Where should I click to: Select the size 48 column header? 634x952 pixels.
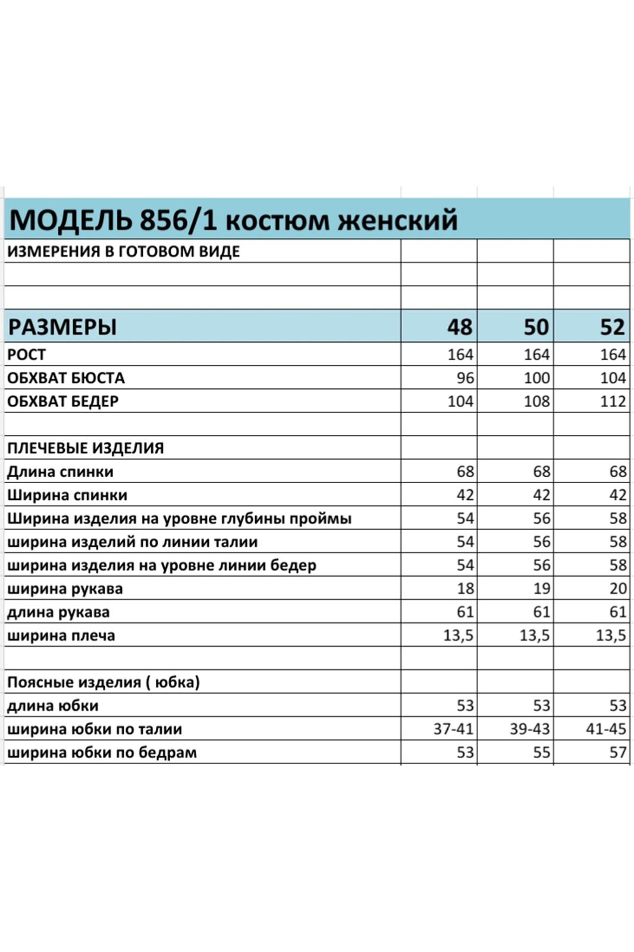[x=459, y=327]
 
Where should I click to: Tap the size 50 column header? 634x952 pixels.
[x=536, y=327]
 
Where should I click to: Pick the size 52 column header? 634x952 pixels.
[x=612, y=327]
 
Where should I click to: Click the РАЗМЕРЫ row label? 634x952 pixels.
[x=62, y=327]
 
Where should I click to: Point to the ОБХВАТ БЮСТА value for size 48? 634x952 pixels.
[x=465, y=378]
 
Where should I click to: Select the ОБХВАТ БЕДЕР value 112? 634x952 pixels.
[x=613, y=401]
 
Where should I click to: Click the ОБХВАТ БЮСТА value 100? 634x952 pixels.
[x=536, y=378]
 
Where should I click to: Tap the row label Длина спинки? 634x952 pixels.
[x=60, y=472]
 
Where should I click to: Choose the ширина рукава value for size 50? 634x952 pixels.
[x=541, y=588]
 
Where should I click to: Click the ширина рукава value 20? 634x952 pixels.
[x=618, y=588]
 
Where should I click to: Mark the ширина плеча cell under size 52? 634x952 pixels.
[x=611, y=635]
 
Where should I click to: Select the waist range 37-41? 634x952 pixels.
[x=453, y=729]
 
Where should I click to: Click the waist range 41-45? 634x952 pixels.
[x=605, y=729]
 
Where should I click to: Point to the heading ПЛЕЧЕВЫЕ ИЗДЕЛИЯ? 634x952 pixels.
[x=85, y=448]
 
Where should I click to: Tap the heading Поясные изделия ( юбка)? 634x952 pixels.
[x=103, y=682]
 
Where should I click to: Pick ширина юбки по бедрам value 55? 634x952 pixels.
[x=541, y=753]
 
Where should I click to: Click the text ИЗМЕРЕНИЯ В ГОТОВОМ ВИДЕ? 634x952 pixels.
[x=123, y=252]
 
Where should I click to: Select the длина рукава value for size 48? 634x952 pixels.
[x=465, y=612]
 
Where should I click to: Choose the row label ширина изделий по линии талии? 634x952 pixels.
[x=132, y=542]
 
